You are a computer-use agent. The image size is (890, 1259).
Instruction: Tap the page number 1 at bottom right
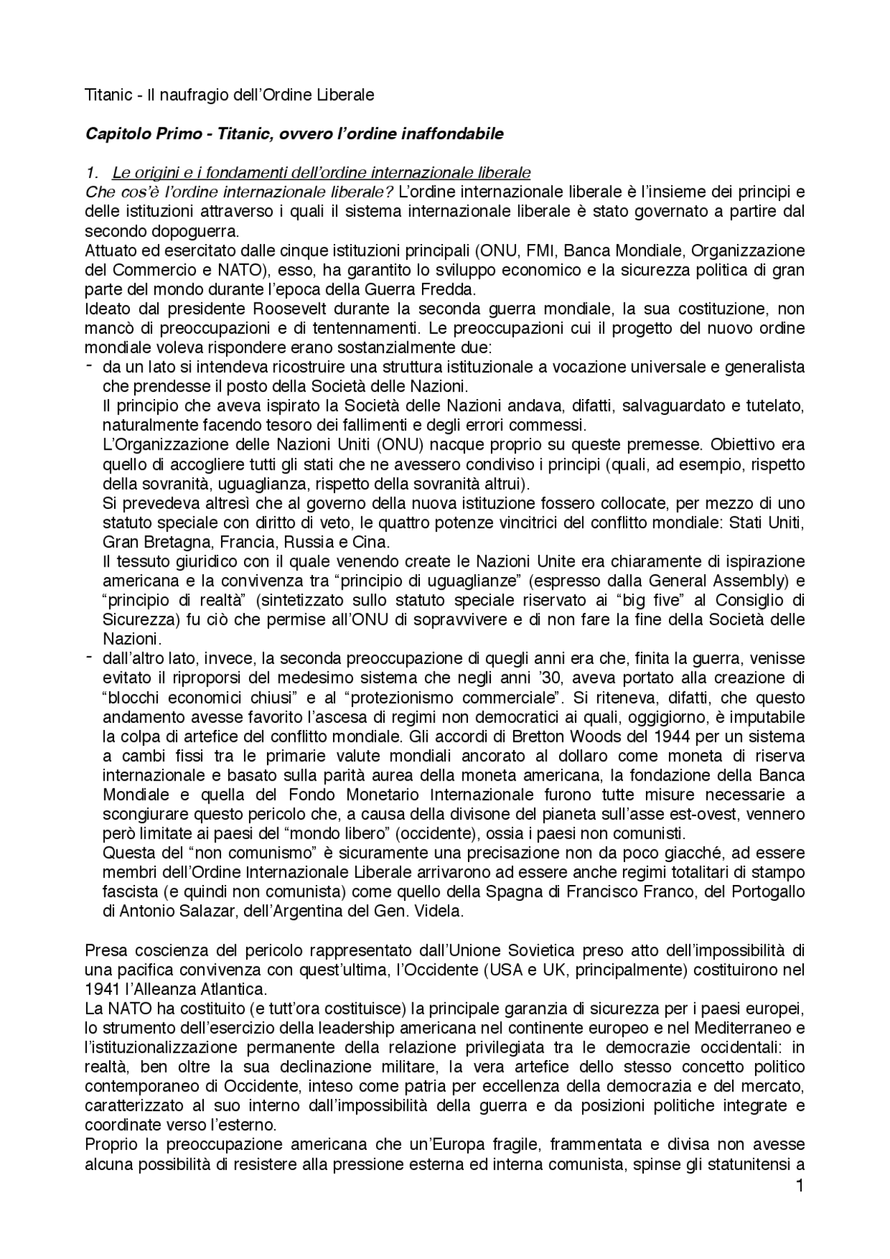(x=800, y=1205)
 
